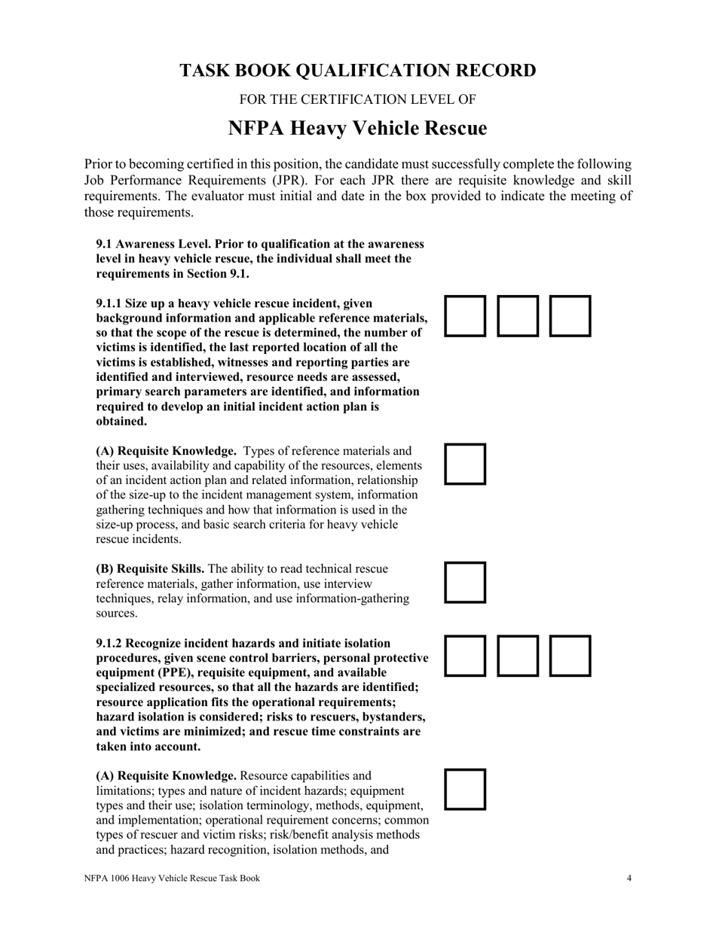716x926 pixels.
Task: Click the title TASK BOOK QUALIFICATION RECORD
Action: pos(357,71)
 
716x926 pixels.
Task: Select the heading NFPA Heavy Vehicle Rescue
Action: pos(357,129)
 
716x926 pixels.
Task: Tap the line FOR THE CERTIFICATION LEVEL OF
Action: pos(357,99)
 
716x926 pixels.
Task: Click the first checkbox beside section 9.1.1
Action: pos(465,315)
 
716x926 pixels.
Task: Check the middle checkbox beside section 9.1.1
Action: pos(518,315)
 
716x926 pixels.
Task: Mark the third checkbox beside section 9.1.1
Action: pos(570,315)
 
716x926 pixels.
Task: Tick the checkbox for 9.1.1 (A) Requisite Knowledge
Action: pos(465,464)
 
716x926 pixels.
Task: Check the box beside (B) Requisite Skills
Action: pos(465,582)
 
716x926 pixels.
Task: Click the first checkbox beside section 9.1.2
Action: pos(465,656)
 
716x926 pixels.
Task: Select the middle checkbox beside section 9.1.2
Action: pos(518,656)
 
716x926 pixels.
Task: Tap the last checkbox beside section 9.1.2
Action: pos(570,656)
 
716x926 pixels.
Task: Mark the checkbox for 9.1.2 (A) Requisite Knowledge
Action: pos(465,789)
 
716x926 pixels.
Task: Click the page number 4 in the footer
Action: pos(629,878)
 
